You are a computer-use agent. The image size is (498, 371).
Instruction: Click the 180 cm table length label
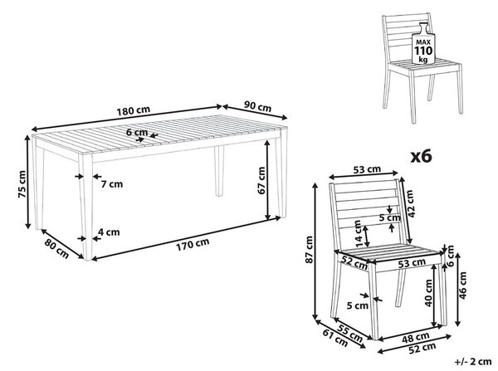pyautogui.click(x=133, y=111)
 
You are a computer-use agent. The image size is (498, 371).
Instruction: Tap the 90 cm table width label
pyautogui.click(x=257, y=106)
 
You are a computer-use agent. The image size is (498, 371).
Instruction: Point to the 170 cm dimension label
pyautogui.click(x=193, y=244)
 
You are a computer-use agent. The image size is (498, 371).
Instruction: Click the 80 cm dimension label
pyautogui.click(x=56, y=248)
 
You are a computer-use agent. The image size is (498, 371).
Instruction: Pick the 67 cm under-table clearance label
pyautogui.click(x=261, y=180)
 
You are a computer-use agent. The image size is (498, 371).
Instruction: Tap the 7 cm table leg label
pyautogui.click(x=112, y=184)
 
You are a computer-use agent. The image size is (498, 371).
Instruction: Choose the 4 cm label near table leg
pyautogui.click(x=109, y=232)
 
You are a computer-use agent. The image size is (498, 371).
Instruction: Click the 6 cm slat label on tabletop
pyautogui.click(x=137, y=132)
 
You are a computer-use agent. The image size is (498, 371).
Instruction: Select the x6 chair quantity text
pyautogui.click(x=422, y=157)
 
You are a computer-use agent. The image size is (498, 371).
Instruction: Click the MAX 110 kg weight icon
pyautogui.click(x=423, y=43)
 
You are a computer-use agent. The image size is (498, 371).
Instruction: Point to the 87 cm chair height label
pyautogui.click(x=309, y=249)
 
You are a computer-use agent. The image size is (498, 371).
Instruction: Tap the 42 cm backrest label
pyautogui.click(x=410, y=203)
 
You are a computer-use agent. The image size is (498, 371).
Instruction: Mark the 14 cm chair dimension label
pyautogui.click(x=359, y=234)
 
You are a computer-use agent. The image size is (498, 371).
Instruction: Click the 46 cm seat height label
pyautogui.click(x=463, y=286)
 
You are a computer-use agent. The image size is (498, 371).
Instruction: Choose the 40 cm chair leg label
pyautogui.click(x=429, y=293)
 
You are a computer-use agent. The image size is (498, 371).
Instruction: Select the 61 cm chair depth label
pyautogui.click(x=335, y=338)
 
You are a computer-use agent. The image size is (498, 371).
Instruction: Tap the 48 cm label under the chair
pyautogui.click(x=416, y=337)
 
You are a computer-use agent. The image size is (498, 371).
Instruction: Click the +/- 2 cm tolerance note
pyautogui.click(x=473, y=362)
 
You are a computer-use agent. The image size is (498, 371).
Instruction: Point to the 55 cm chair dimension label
pyautogui.click(x=349, y=333)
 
